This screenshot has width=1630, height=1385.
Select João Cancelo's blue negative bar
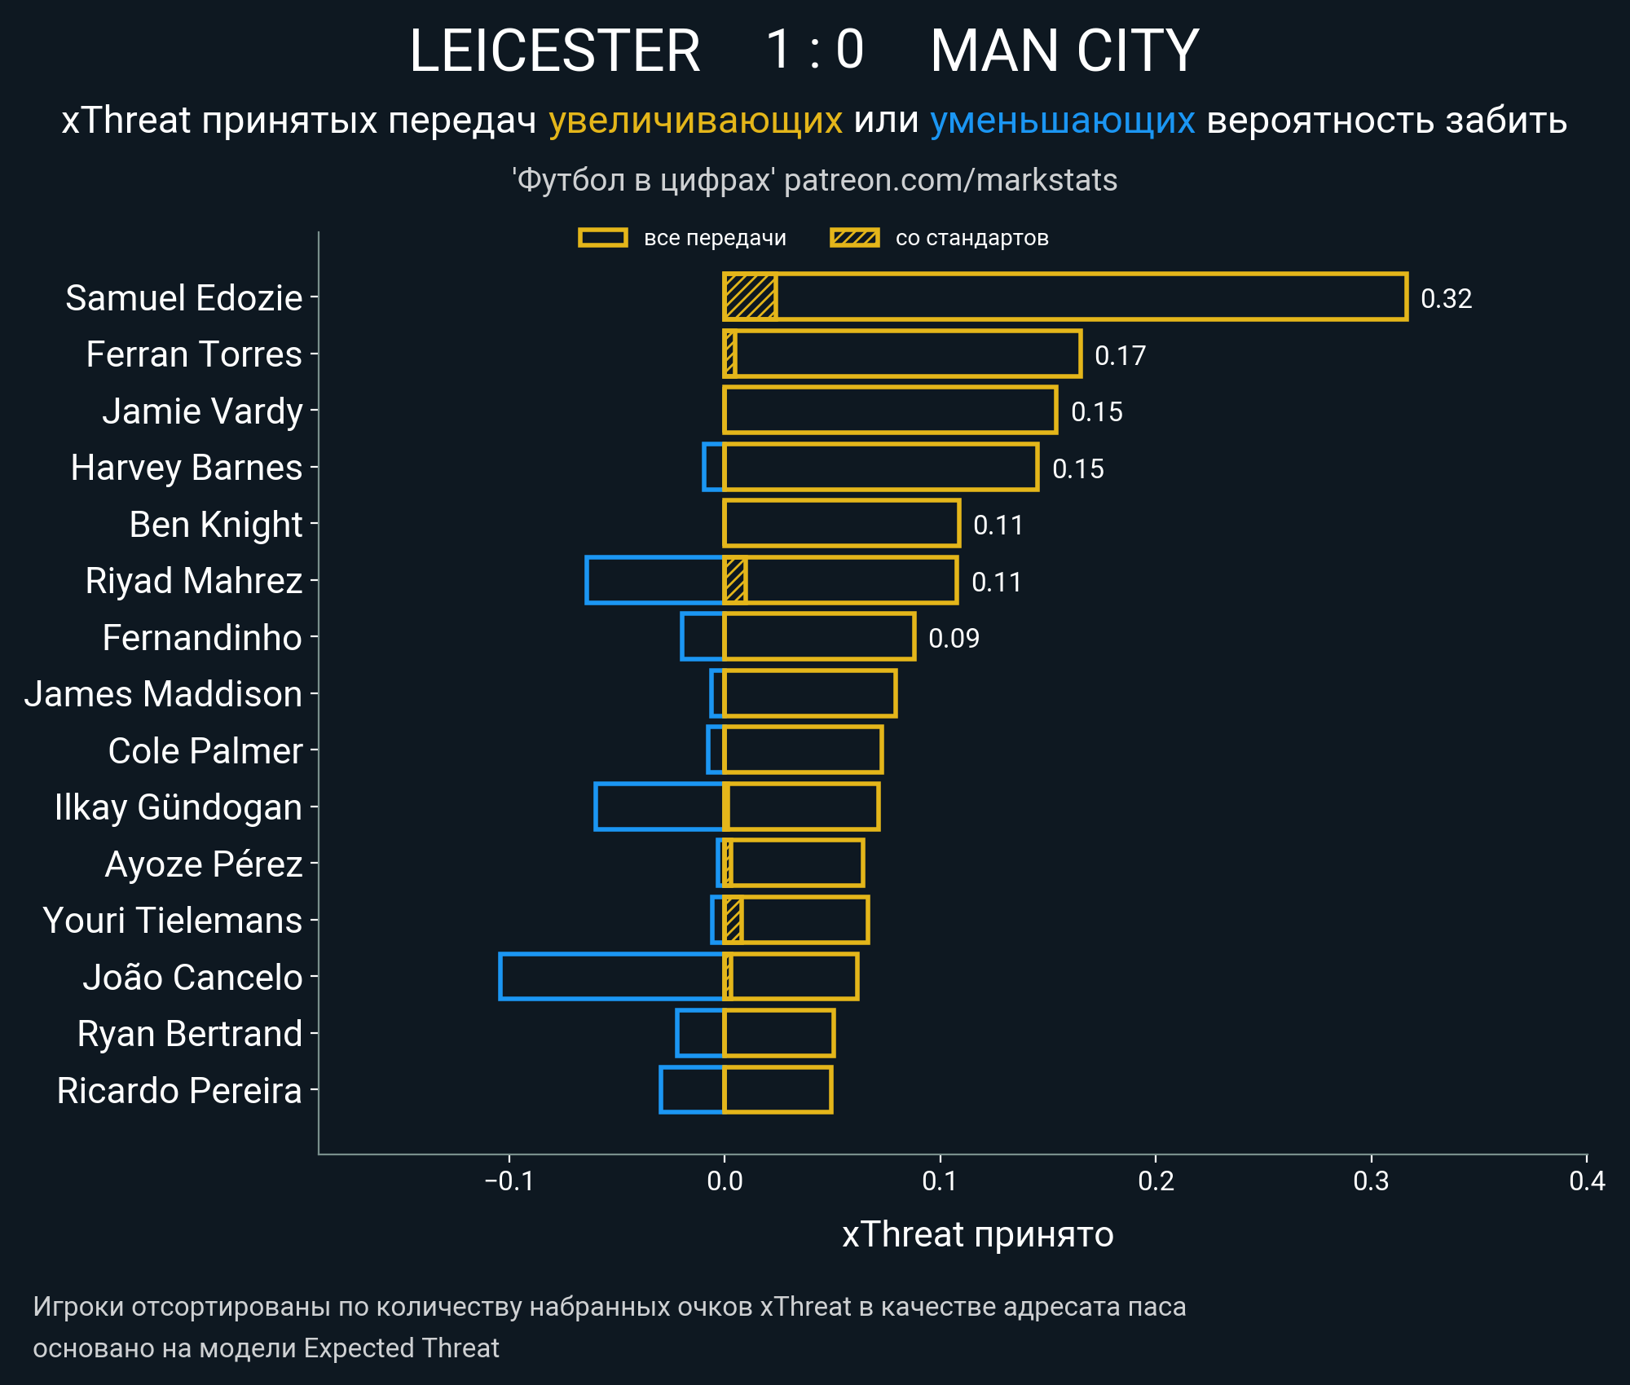click(x=611, y=976)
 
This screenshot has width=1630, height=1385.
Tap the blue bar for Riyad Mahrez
click(x=654, y=580)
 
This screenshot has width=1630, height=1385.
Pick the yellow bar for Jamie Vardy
click(x=890, y=411)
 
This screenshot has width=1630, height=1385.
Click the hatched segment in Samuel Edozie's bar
click(x=750, y=297)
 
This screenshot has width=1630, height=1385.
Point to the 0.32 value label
click(x=1446, y=299)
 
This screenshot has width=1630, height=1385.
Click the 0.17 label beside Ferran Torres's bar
click(x=1120, y=355)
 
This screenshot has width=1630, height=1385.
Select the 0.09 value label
click(x=954, y=638)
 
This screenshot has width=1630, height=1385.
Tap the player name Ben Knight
click(x=216, y=525)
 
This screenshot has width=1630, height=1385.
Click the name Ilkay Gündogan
click(x=178, y=807)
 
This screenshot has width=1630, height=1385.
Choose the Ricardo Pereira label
click(x=179, y=1091)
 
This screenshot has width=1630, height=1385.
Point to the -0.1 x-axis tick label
click(x=509, y=1181)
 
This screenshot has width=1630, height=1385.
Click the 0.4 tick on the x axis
click(x=1586, y=1181)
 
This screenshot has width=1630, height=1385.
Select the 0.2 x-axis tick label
click(x=1155, y=1181)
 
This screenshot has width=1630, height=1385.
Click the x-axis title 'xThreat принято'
click(x=977, y=1234)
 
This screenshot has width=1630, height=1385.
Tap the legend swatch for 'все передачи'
click(x=602, y=238)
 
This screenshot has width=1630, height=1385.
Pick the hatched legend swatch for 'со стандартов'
click(x=854, y=238)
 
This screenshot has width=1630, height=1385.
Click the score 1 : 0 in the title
click(x=814, y=51)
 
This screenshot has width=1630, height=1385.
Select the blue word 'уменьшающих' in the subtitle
click(x=1062, y=121)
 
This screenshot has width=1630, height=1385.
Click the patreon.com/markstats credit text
click(x=950, y=180)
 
